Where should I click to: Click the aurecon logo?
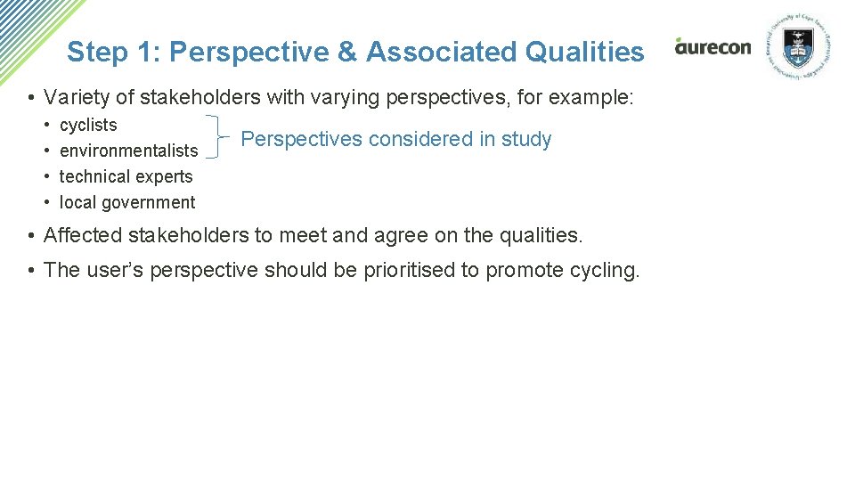(x=712, y=46)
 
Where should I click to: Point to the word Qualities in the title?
(x=585, y=52)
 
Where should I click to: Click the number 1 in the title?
(x=145, y=52)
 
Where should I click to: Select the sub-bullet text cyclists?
(x=88, y=126)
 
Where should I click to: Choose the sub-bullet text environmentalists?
(x=128, y=151)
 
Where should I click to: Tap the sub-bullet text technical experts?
(x=126, y=177)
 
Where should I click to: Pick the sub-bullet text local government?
(x=127, y=203)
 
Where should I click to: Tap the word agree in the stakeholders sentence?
(x=402, y=236)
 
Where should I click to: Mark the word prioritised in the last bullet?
(x=409, y=271)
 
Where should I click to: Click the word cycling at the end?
(x=607, y=271)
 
